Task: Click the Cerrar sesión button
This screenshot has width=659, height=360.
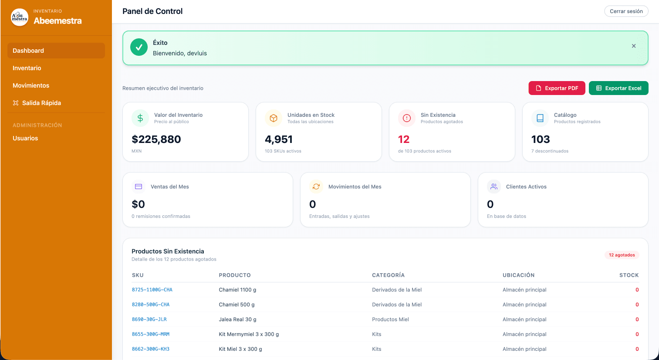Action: click(626, 11)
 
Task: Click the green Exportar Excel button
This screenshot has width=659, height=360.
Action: click(618, 88)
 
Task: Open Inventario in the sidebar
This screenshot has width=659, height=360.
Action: click(27, 68)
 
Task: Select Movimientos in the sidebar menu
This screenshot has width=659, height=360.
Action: click(31, 85)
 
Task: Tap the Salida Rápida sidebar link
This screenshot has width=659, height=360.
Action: click(41, 103)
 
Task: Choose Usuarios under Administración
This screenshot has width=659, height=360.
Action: click(25, 138)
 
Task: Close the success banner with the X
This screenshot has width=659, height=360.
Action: click(634, 46)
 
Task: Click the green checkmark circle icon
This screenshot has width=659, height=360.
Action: click(139, 48)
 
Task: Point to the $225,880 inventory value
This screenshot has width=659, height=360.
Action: click(156, 139)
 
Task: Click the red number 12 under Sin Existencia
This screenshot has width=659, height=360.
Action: click(404, 139)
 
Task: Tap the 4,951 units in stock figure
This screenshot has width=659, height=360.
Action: click(279, 139)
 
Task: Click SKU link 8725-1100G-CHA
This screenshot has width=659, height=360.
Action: click(152, 290)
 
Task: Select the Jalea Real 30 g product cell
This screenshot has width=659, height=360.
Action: click(237, 319)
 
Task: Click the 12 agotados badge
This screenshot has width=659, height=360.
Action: click(622, 255)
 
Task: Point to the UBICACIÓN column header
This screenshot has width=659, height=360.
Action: click(518, 275)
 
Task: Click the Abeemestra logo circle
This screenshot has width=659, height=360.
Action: click(20, 17)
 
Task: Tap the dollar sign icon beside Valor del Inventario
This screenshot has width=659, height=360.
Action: click(140, 118)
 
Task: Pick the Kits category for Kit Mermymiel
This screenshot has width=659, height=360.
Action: click(377, 334)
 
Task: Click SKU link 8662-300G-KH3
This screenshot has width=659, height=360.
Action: click(151, 349)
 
